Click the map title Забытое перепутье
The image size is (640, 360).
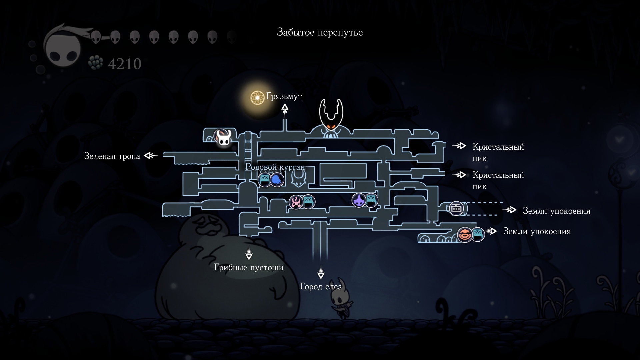[320, 32]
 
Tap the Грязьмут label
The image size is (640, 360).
[284, 96]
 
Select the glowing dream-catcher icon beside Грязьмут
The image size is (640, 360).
[257, 97]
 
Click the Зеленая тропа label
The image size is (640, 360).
[112, 156]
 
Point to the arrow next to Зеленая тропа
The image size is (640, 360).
[151, 155]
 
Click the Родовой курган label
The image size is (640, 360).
[275, 167]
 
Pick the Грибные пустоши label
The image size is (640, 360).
[249, 267]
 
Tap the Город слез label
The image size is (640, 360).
[321, 286]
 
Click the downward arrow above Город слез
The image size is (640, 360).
[321, 272]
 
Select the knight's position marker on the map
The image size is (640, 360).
[222, 138]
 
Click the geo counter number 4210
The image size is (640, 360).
[124, 64]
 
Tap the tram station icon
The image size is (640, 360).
[456, 209]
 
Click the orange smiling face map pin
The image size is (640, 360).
[465, 235]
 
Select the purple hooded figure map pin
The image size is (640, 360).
[359, 200]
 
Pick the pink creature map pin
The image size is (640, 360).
[296, 202]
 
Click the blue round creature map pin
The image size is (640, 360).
[277, 180]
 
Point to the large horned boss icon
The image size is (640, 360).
[331, 118]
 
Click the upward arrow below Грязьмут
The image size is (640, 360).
[285, 110]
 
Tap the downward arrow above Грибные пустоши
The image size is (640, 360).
[249, 253]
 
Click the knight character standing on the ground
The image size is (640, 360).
[341, 298]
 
